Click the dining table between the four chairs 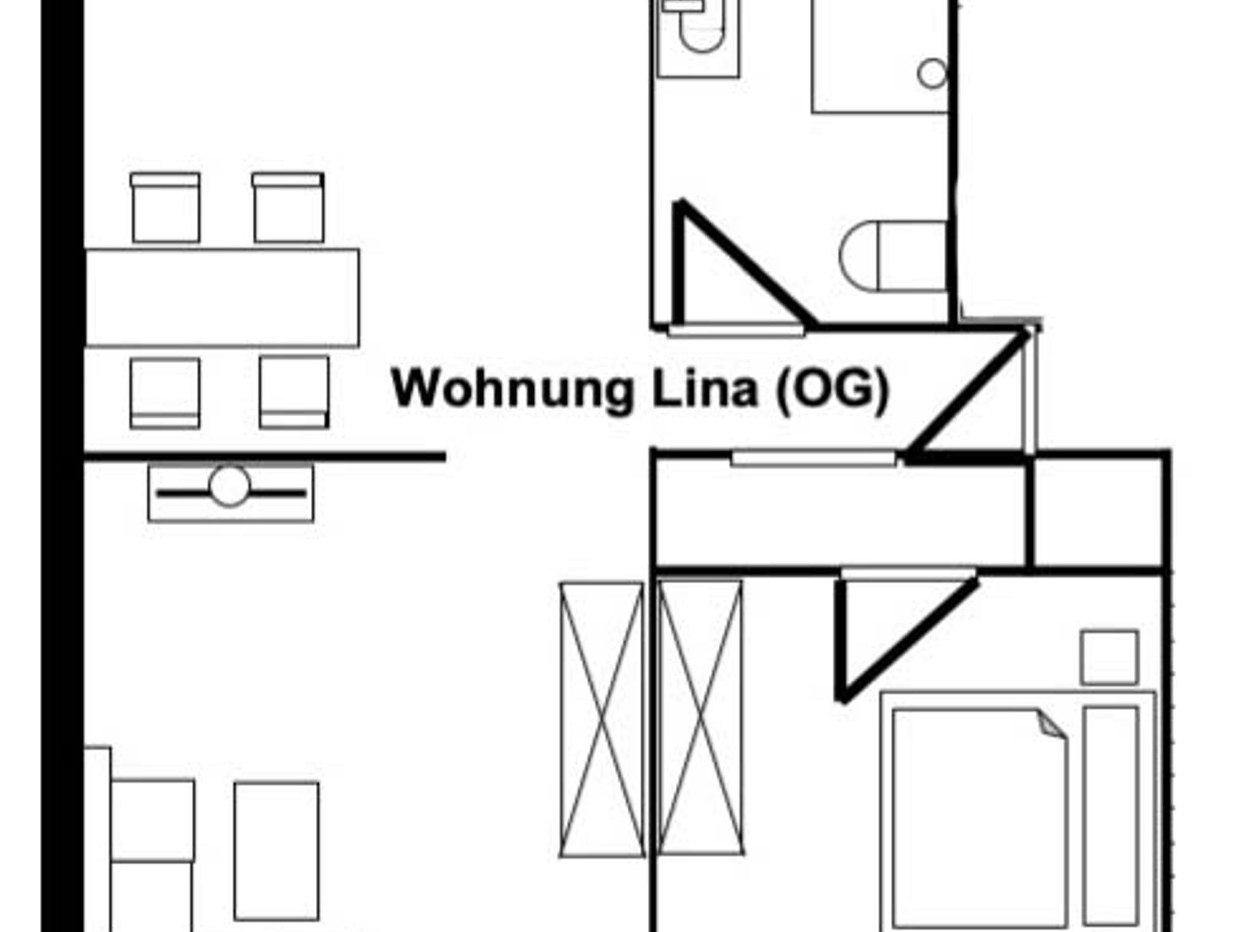222,298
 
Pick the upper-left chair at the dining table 165,208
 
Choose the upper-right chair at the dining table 288,208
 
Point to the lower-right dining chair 294,391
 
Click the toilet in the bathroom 894,256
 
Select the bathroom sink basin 702,33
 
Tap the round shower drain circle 932,74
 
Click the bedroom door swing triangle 879,630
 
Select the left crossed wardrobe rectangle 602,719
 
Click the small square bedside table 1109,657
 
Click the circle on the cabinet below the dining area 230,486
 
